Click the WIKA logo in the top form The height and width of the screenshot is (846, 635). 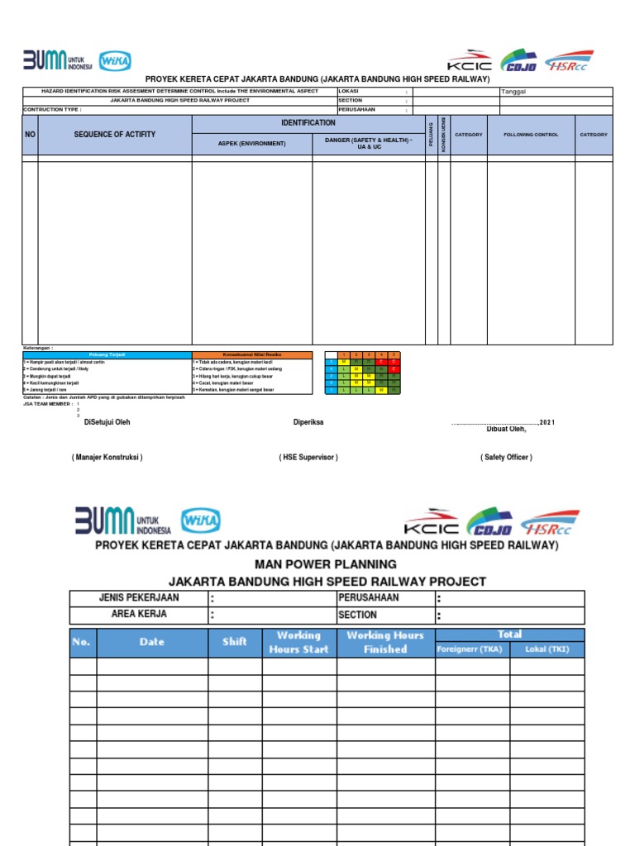coord(114,62)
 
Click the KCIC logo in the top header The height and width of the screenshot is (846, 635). coord(470,63)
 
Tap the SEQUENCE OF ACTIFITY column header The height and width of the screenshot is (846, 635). coord(114,135)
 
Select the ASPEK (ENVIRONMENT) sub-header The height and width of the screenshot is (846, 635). coord(252,144)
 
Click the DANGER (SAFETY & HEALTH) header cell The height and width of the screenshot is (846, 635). coord(369,144)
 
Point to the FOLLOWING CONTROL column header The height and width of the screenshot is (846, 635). coord(531,135)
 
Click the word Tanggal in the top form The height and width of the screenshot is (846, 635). coord(513,92)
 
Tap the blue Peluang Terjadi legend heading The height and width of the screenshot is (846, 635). coord(107,354)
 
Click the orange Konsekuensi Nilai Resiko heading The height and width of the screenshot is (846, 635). coord(252,354)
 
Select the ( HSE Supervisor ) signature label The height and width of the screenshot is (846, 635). coord(308,457)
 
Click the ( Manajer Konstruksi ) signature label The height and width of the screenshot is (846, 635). coord(107,457)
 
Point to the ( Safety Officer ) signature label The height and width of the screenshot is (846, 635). coord(506,457)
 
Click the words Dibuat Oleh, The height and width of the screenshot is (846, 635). coord(506,429)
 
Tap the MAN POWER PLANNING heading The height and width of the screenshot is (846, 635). coord(327,564)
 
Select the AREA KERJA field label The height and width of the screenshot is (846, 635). coord(139,615)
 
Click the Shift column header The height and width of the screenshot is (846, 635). coord(235,642)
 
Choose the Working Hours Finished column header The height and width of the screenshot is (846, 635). coord(385,642)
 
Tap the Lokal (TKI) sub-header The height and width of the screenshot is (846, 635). coord(547,649)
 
